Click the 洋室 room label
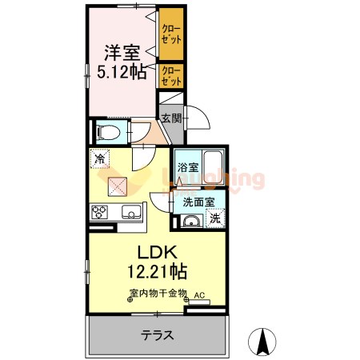122,53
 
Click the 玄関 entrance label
170,118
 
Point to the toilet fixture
106,131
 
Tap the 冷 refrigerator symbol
100,159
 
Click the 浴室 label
187,169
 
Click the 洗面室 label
197,202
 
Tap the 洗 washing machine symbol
215,218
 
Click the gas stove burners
101,213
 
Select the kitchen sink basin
131,213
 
